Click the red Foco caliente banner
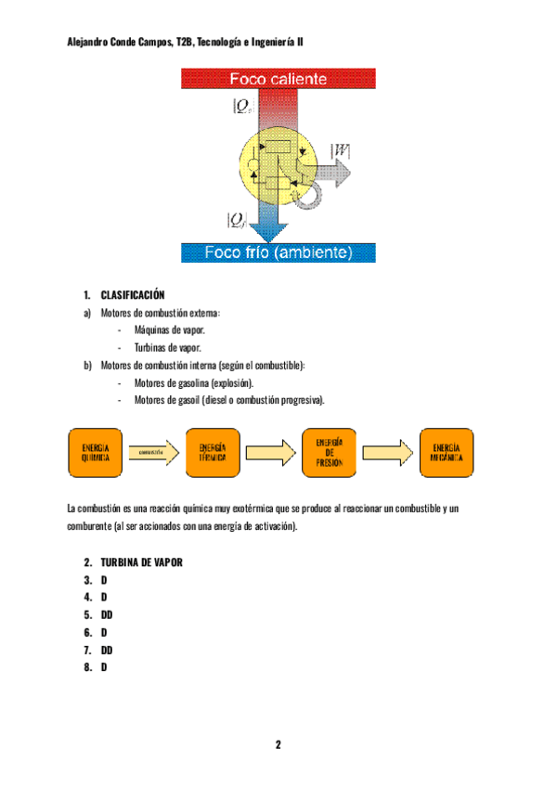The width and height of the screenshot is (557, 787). click(x=278, y=80)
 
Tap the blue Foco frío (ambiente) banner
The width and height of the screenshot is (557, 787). click(x=278, y=252)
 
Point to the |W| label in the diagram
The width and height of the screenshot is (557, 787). click(x=340, y=150)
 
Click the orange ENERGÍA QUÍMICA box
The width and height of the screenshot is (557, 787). click(x=96, y=453)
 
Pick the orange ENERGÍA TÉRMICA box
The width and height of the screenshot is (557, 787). click(x=213, y=453)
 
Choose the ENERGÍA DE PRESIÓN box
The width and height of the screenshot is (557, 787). click(x=330, y=453)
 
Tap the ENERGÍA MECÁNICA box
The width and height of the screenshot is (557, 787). click(x=446, y=453)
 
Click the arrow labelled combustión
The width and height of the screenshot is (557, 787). click(x=153, y=453)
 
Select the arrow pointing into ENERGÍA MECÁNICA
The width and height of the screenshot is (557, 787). click(x=387, y=453)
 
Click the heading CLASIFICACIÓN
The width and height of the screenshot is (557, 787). click(x=133, y=295)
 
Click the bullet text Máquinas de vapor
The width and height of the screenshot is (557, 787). click(x=170, y=330)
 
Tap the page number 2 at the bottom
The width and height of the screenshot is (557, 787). click(x=278, y=745)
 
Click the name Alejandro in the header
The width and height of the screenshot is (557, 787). click(x=91, y=42)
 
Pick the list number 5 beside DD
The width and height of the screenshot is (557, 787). click(x=87, y=614)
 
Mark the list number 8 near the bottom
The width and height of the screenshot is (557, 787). click(x=87, y=666)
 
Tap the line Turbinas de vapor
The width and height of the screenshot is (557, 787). click(x=168, y=348)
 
